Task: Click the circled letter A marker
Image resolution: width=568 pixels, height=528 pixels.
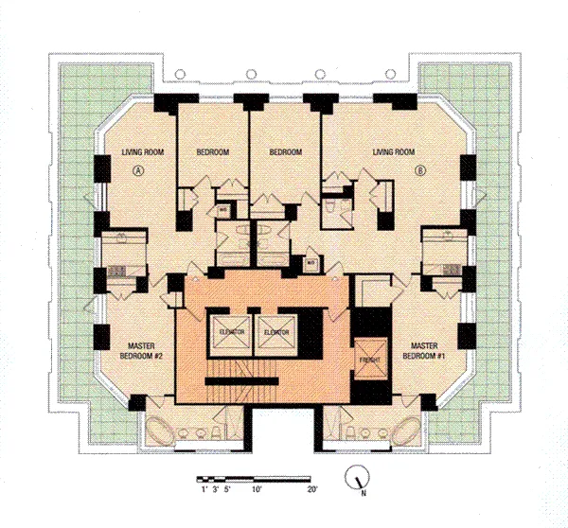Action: point(139,171)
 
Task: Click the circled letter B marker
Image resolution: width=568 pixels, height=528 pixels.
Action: point(420,171)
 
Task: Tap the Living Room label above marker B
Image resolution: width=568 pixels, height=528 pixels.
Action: point(394,152)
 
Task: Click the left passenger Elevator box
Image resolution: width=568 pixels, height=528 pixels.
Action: point(233,332)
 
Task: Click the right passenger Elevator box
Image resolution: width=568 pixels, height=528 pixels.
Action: point(276,332)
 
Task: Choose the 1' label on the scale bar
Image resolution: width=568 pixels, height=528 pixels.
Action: point(203,491)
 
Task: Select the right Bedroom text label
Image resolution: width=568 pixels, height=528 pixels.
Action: point(285,152)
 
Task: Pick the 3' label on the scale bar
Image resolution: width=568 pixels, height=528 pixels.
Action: point(216,491)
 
